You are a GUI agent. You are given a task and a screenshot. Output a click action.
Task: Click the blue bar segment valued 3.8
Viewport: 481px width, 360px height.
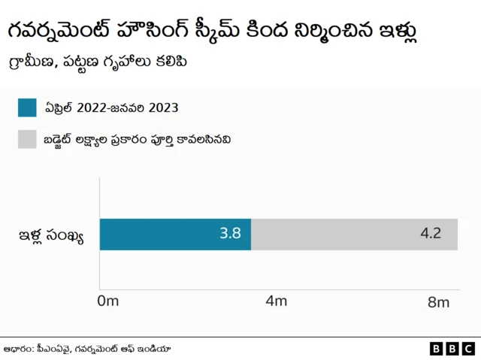click(x=175, y=234)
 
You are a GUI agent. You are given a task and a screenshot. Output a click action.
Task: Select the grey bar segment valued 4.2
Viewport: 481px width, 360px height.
click(x=354, y=234)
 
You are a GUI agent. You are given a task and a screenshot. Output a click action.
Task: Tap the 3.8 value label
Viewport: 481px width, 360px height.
click(x=229, y=234)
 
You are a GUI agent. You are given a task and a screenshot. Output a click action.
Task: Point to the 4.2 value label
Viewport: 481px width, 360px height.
click(x=430, y=234)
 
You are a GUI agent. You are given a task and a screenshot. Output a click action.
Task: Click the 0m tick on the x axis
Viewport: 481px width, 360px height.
click(x=108, y=302)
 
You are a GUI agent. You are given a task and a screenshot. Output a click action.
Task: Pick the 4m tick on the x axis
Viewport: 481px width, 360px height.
click(x=277, y=302)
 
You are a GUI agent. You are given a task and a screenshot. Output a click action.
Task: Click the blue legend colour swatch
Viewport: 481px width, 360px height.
click(x=27, y=107)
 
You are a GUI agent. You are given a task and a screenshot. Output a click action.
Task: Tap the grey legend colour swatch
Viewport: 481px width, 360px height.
click(x=27, y=139)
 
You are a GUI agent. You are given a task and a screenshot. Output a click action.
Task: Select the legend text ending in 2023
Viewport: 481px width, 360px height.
click(x=111, y=107)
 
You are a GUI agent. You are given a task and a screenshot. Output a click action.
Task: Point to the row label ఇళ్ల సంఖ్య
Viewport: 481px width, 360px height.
click(x=51, y=236)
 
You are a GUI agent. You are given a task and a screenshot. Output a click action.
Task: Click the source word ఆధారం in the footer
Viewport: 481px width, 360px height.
click(x=21, y=348)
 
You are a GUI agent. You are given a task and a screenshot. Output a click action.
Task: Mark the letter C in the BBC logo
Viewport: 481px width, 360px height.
click(x=467, y=349)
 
